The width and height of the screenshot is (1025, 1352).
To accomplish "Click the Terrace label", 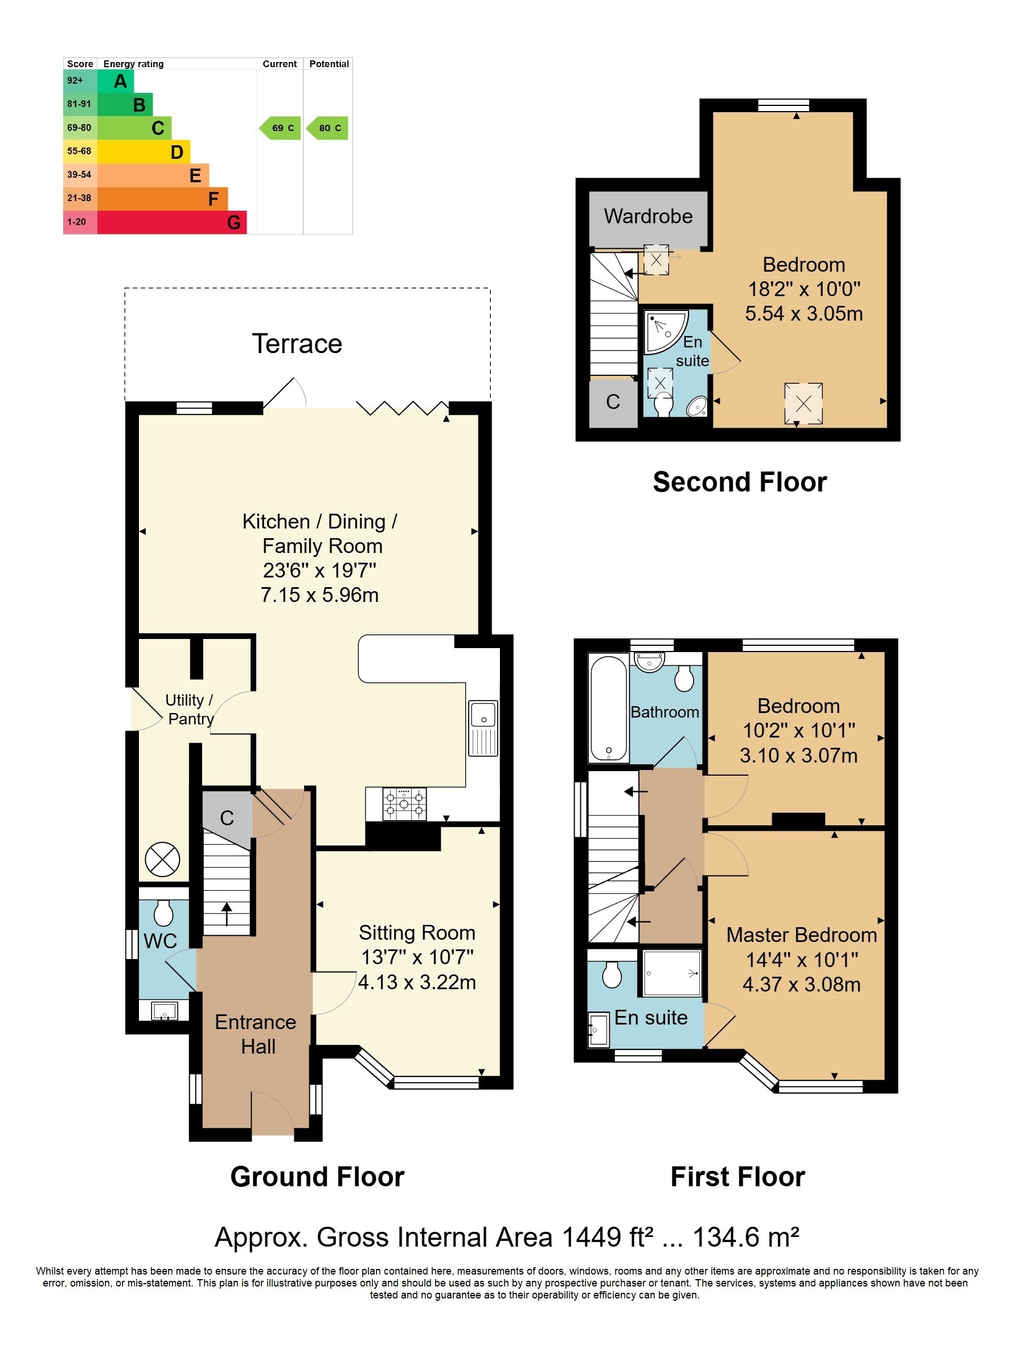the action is coord(297,344).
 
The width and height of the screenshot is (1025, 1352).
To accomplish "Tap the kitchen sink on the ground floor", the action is coord(483,728).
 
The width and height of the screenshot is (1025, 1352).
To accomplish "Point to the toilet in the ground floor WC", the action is coord(164,912).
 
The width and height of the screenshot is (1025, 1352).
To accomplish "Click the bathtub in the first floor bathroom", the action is coord(609,708).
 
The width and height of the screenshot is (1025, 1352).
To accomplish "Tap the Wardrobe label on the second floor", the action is coord(649,216).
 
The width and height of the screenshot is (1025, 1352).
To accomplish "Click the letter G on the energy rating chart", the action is coord(233,223).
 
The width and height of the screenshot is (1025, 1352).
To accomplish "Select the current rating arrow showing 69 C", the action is coord(280,128).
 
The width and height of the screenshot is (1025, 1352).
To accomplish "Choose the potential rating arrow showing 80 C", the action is coord(327,128).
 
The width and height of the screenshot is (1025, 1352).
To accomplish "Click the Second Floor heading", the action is coord(740,482).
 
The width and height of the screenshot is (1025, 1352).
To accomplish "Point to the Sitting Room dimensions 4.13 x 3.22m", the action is coord(417,982).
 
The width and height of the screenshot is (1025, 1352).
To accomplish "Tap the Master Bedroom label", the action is coord(801,935).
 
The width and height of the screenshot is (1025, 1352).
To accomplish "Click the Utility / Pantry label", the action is coord(190,710).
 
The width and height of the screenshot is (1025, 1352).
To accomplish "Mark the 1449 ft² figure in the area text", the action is coord(608,1238).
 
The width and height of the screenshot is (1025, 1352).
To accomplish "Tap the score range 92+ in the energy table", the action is coord(75,81).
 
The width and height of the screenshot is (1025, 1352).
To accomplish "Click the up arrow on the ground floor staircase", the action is coord(226,915).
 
